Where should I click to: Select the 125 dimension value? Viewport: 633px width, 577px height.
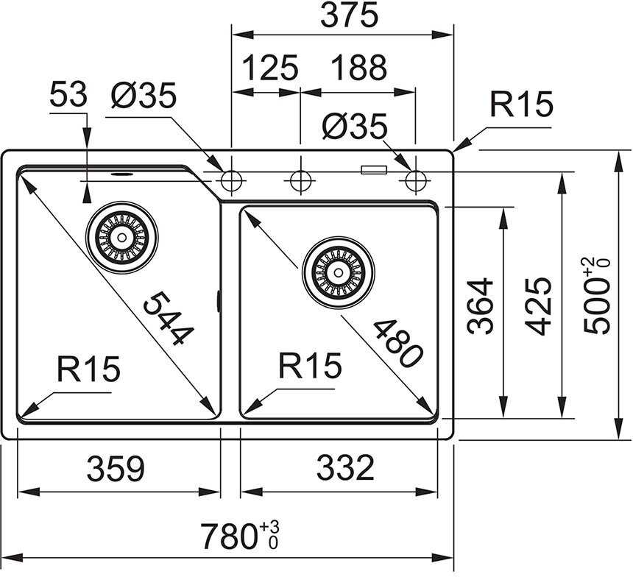coord(269,68)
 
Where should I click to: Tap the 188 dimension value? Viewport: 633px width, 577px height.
coord(358,68)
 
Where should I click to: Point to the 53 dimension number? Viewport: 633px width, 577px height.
coord(68,95)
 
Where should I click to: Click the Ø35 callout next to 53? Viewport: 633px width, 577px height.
coord(144,95)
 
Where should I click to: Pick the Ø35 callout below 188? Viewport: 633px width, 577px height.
coord(355,128)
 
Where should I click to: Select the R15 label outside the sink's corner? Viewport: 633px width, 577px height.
coord(522,106)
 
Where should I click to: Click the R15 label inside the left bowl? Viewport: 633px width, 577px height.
coord(88,368)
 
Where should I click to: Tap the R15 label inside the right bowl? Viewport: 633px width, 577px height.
coord(310,366)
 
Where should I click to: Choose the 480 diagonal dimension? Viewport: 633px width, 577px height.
coord(398,343)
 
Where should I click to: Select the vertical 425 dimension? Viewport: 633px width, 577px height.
coord(542,305)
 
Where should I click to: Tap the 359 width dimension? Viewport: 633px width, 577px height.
coord(116,469)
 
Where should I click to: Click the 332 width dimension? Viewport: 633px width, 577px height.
coord(346,469)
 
